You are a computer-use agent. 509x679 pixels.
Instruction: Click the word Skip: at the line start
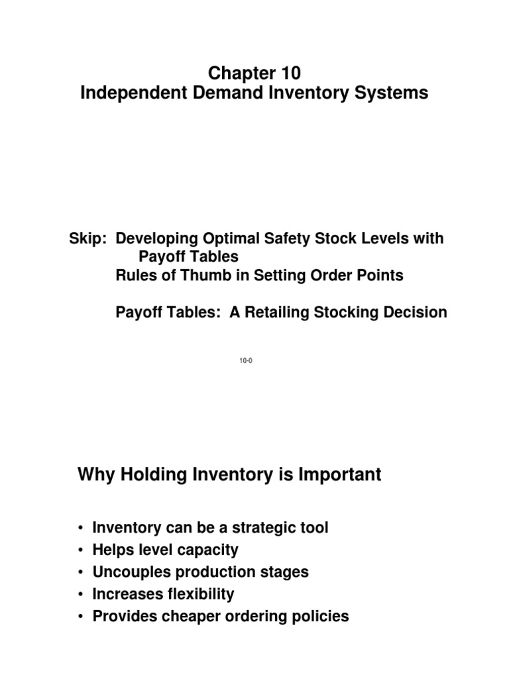click(x=89, y=239)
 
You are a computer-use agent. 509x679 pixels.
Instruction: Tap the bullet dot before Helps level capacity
click(x=80, y=550)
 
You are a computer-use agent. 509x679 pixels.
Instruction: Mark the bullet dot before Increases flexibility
click(x=80, y=595)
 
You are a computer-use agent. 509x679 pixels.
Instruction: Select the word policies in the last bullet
click(x=321, y=616)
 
